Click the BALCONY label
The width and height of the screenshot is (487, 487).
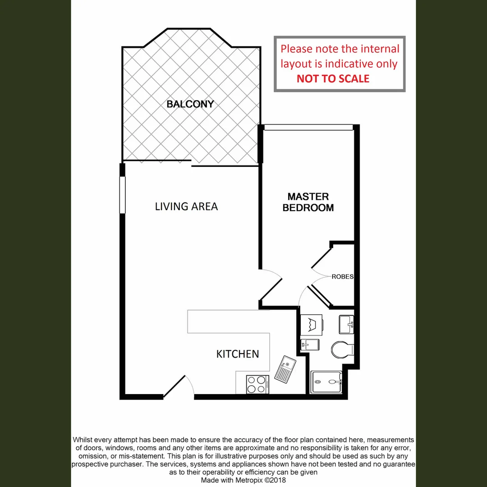pyautogui.click(x=190, y=104)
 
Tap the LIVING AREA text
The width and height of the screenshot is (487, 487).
pyautogui.click(x=186, y=207)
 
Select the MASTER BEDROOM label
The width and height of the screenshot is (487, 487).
pyautogui.click(x=308, y=202)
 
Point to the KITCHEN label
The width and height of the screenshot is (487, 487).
pyautogui.click(x=238, y=354)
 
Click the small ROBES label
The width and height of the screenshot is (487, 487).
pyautogui.click(x=342, y=277)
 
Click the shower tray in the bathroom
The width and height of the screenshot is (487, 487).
pyautogui.click(x=326, y=382)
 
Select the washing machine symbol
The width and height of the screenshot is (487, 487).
pyautogui.click(x=310, y=324)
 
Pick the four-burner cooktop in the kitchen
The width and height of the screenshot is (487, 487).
pyautogui.click(x=257, y=385)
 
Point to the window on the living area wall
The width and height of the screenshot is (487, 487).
pyautogui.click(x=122, y=194)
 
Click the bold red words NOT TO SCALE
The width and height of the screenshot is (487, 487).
pyautogui.click(x=333, y=78)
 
